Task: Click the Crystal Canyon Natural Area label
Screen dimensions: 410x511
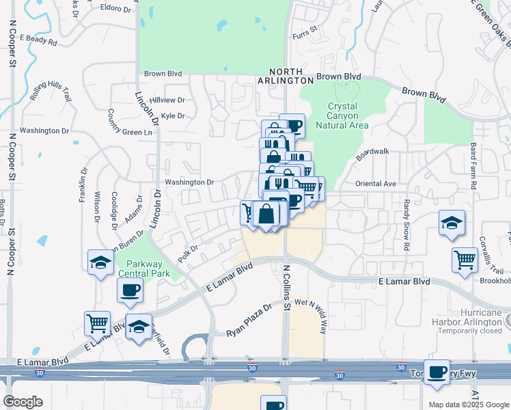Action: click(348, 115)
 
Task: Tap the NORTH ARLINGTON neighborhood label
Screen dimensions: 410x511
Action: click(295, 76)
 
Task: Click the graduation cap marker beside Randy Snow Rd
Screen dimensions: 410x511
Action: click(451, 223)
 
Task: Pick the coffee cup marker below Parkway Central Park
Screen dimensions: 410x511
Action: click(130, 290)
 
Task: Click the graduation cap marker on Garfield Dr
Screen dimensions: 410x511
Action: click(138, 326)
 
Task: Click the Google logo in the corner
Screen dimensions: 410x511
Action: click(23, 402)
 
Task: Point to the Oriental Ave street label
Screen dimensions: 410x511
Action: click(375, 184)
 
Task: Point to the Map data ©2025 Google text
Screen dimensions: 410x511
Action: click(469, 405)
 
